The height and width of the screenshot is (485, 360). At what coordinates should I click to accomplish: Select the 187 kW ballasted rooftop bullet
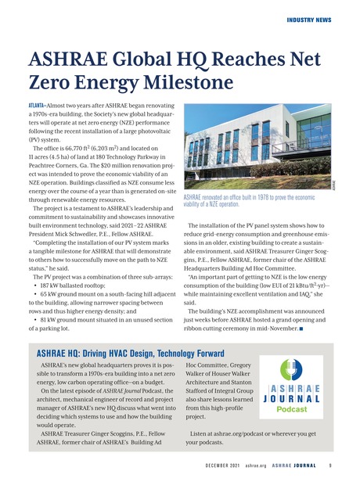(71, 264)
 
